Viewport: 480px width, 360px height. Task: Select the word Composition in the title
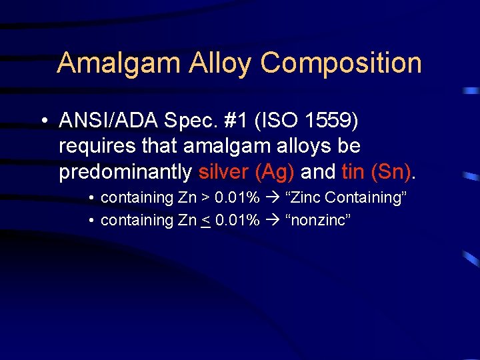pyautogui.click(x=341, y=63)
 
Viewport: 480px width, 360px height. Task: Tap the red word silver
pyautogui.click(x=224, y=172)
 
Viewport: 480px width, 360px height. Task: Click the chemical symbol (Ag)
pyautogui.click(x=275, y=172)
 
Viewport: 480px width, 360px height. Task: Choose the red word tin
pyautogui.click(x=352, y=172)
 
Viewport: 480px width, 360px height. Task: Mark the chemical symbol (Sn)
pyautogui.click(x=391, y=172)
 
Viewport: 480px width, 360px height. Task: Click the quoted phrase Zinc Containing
pyautogui.click(x=346, y=197)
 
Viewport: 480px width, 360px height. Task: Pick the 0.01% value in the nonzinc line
pyautogui.click(x=237, y=220)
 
